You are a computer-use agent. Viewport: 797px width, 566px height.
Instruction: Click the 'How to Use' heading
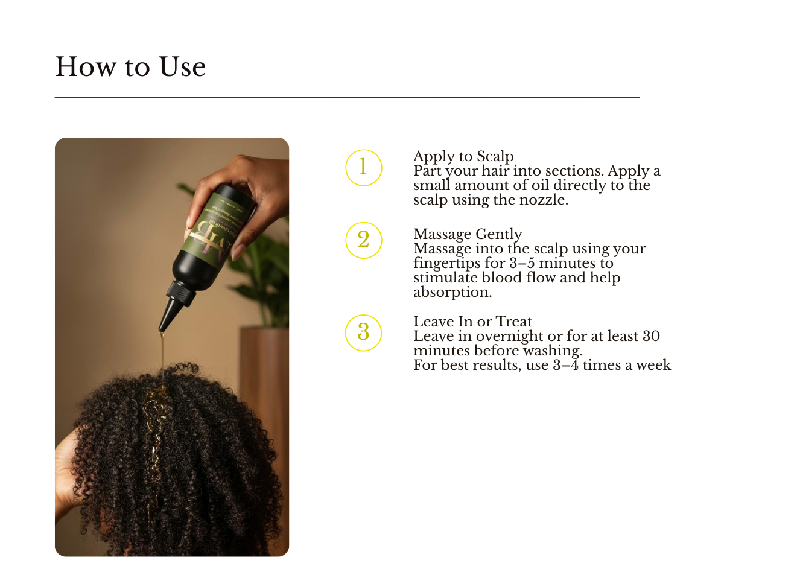130,67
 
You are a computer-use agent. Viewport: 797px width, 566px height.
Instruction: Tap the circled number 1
363,167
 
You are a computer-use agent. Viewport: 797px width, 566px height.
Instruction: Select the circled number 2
363,240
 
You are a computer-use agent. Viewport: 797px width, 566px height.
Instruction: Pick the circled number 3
363,332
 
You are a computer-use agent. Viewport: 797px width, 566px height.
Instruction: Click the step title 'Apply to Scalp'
463,156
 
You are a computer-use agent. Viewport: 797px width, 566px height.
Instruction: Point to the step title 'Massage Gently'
468,234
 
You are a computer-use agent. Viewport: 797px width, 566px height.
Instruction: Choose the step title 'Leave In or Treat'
472,322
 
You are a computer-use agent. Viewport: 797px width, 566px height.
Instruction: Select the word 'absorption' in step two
451,292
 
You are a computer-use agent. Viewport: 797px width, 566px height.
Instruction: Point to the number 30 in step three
651,336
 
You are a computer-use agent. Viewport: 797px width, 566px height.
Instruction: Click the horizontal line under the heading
347,97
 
